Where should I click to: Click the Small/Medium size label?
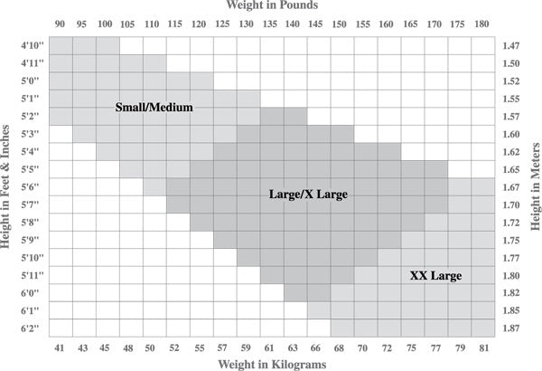(x=154, y=108)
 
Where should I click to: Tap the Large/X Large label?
(x=308, y=194)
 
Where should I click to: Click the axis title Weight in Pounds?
(x=271, y=6)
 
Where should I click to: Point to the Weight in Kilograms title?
(x=271, y=363)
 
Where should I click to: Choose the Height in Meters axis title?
(x=535, y=186)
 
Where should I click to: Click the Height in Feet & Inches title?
(x=7, y=186)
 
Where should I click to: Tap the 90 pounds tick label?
(x=61, y=24)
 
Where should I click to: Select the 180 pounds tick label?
(x=483, y=24)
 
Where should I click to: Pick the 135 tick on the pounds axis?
(x=272, y=24)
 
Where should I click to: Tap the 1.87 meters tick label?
(x=511, y=327)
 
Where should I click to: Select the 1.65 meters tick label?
(x=511, y=169)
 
